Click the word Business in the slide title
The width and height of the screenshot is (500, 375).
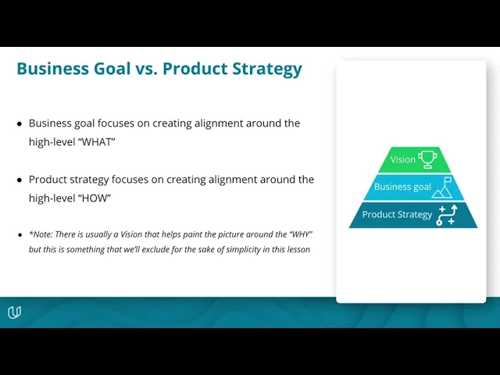coord(52,69)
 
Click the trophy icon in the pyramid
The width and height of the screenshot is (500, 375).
coord(427,159)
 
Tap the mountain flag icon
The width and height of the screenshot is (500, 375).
coord(442,187)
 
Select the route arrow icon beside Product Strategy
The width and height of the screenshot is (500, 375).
coord(447,216)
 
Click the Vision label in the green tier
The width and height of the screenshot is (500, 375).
coord(403,159)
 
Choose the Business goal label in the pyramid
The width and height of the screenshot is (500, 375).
coord(402,187)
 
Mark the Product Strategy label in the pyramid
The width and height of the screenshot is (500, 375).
coord(397,215)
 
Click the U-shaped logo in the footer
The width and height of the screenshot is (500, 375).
coord(14,312)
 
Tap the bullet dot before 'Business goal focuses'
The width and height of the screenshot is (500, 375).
coord(20,123)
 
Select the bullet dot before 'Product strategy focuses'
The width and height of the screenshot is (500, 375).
coord(20,180)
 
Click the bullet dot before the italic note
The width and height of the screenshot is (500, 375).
coord(20,235)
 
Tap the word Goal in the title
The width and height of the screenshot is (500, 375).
coord(112,69)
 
